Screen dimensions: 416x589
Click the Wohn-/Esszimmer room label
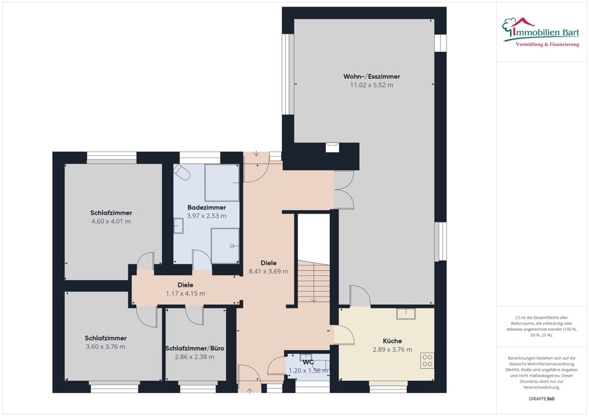(371, 76)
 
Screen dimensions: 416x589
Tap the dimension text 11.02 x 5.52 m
(371, 85)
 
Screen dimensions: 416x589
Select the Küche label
(392, 341)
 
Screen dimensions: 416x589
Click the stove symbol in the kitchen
(428, 361)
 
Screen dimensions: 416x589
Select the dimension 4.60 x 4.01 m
(111, 222)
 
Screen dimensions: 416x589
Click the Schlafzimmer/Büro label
(194, 348)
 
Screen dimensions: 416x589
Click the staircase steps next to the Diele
(313, 282)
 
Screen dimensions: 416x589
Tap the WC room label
(307, 362)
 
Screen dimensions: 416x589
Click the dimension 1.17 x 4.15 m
(186, 294)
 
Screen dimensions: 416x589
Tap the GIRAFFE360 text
(542, 399)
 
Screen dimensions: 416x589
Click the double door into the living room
(344, 190)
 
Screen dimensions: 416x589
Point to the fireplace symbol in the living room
(333, 148)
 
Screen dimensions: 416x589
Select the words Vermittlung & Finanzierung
(547, 45)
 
